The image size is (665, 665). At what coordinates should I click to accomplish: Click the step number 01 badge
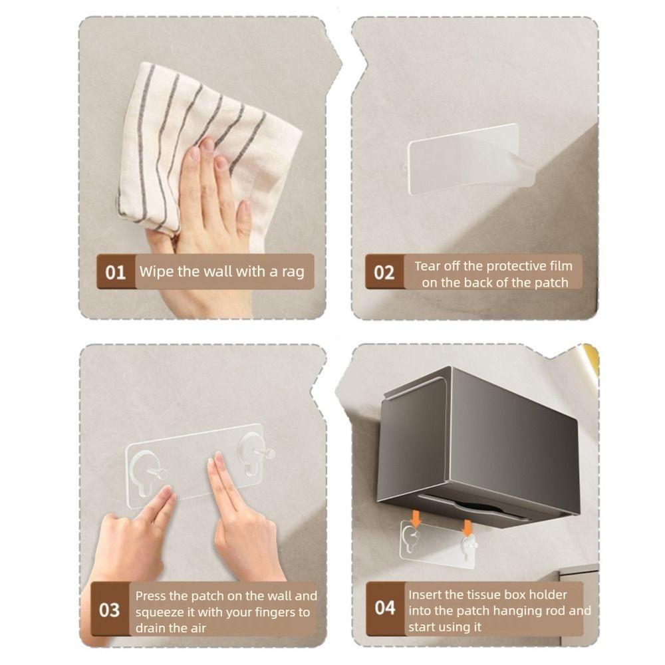tap(116, 272)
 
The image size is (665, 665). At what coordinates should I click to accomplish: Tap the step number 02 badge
tap(384, 272)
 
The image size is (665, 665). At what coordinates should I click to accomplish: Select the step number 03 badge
tap(110, 610)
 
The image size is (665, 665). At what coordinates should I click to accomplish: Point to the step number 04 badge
tap(385, 608)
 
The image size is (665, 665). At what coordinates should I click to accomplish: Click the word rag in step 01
tap(292, 271)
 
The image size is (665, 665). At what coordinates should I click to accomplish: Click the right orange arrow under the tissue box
tap(467, 527)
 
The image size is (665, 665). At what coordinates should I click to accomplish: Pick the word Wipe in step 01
tap(154, 271)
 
